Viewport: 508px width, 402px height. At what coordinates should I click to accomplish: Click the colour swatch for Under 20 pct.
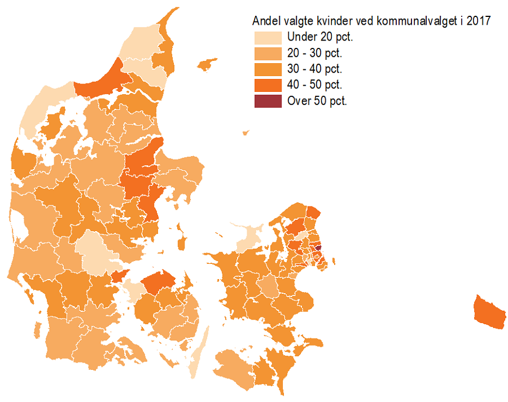point(268,38)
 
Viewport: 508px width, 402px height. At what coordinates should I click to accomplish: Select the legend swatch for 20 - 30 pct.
point(268,54)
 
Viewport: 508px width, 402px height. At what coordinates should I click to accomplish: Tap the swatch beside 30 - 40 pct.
point(268,69)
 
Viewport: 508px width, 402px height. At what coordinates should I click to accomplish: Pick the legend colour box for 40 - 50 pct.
point(268,85)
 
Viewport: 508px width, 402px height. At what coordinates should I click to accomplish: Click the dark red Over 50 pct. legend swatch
point(268,101)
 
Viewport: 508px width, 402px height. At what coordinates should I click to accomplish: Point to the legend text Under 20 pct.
point(319,38)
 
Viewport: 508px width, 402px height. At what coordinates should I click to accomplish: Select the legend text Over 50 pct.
point(317,101)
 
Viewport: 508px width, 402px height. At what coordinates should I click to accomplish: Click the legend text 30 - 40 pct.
point(314,69)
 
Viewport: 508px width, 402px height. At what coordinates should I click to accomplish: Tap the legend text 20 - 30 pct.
point(314,54)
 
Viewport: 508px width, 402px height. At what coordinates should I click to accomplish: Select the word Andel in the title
point(265,21)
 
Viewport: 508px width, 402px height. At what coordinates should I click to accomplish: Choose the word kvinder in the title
point(335,21)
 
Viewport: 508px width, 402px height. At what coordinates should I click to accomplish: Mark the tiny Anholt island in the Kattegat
point(246,133)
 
